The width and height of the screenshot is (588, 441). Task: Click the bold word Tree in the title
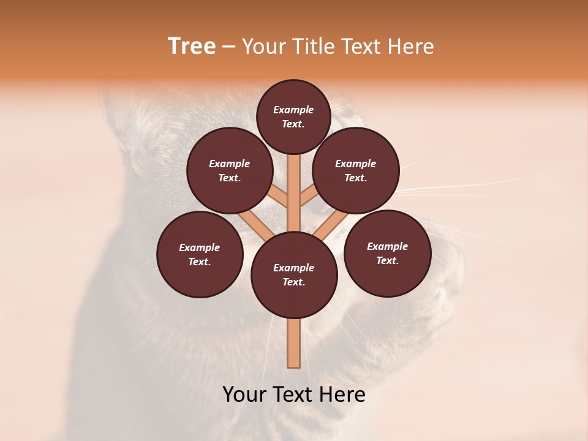pyautogui.click(x=192, y=47)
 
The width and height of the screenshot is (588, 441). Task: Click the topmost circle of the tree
pyautogui.click(x=293, y=116)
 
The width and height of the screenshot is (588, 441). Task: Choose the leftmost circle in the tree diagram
pyautogui.click(x=200, y=254)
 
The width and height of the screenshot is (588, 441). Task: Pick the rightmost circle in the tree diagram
pyautogui.click(x=387, y=253)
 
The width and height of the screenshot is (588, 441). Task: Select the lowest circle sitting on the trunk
pyautogui.click(x=294, y=275)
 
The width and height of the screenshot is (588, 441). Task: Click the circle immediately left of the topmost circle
pyautogui.click(x=230, y=170)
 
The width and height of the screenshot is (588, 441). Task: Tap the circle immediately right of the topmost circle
pyautogui.click(x=356, y=170)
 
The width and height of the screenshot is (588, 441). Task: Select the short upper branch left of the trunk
pyautogui.click(x=279, y=197)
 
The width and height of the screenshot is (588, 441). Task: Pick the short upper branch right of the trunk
pyautogui.click(x=308, y=197)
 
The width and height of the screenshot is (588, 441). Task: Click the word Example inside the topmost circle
pyautogui.click(x=293, y=110)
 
